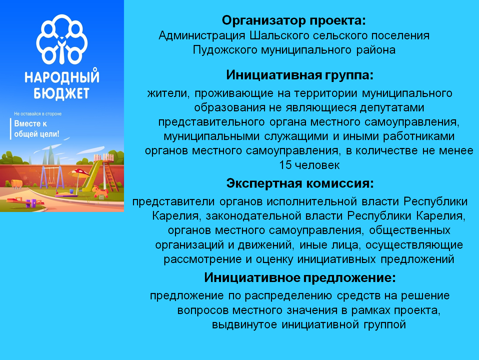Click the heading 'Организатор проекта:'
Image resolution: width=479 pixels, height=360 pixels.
[294, 21]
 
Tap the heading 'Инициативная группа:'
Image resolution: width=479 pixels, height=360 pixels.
[300, 75]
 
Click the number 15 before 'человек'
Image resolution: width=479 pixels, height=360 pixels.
[285, 165]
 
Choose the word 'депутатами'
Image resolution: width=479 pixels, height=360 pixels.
[392, 108]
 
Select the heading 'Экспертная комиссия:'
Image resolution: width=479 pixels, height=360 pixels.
[300, 183]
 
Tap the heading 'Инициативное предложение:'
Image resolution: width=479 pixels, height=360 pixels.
[300, 278]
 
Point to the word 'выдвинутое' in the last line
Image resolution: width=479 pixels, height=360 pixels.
[244, 325]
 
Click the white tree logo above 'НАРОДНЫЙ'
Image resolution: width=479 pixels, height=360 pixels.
[62, 39]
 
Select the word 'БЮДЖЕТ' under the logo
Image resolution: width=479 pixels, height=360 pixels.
[62, 94]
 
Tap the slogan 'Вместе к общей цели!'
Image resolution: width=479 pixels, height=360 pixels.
[37, 129]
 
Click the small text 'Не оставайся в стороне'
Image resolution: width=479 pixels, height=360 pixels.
[38, 114]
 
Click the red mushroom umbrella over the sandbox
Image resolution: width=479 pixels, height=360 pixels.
[79, 173]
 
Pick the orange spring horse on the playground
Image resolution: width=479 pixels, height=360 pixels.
[100, 191]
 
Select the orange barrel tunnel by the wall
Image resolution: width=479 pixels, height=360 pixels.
[17, 183]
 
